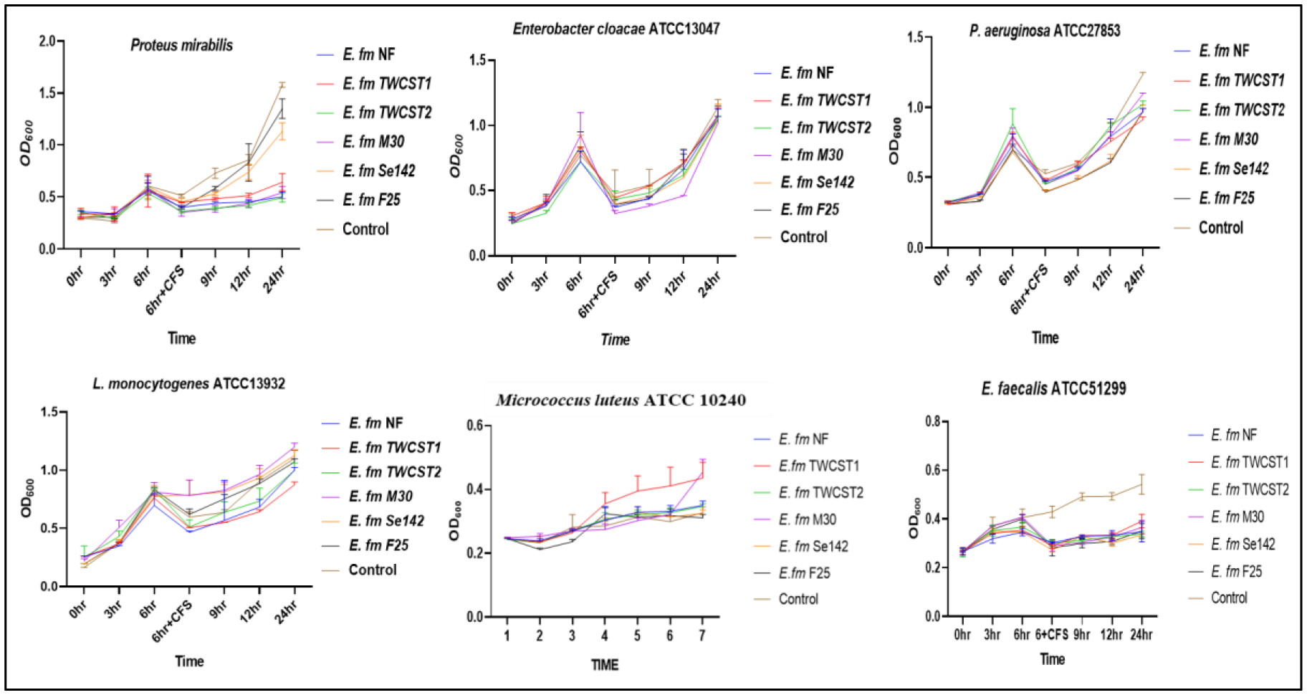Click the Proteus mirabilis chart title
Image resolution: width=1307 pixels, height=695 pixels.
click(x=181, y=45)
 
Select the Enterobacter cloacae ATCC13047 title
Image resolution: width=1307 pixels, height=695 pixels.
click(x=616, y=29)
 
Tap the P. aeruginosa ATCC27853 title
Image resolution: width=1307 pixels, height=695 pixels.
click(x=1044, y=31)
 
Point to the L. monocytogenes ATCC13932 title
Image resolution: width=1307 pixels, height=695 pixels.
click(x=188, y=384)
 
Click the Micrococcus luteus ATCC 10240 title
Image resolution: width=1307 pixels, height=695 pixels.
click(x=621, y=400)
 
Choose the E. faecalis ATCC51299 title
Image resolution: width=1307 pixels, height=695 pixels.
click(x=1053, y=389)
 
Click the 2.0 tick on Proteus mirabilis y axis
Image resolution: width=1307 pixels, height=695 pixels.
click(x=47, y=42)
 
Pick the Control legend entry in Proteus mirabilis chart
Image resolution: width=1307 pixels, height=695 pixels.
click(x=365, y=229)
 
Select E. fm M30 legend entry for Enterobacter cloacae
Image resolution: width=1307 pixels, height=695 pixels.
click(x=811, y=155)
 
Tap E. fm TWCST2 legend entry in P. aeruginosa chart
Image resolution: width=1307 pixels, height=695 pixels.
click(x=1241, y=110)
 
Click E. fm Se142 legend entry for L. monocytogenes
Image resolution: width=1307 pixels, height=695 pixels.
click(x=386, y=521)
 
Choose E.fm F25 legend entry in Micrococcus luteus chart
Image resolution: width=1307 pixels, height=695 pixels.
click(x=804, y=572)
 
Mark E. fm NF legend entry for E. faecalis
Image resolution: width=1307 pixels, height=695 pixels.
click(x=1233, y=435)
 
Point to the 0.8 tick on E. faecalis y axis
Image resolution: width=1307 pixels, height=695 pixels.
click(x=932, y=421)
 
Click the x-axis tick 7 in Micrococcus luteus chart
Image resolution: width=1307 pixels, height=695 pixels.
click(x=702, y=636)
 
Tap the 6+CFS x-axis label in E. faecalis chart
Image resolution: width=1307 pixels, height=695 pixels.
click(x=1051, y=635)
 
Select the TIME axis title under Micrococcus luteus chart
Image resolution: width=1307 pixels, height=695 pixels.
click(x=605, y=665)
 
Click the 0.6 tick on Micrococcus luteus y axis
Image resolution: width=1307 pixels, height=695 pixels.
click(x=474, y=426)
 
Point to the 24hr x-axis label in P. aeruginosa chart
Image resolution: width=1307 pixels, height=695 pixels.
click(x=1136, y=279)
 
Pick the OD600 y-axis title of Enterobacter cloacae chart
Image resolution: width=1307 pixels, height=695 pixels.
click(x=456, y=156)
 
